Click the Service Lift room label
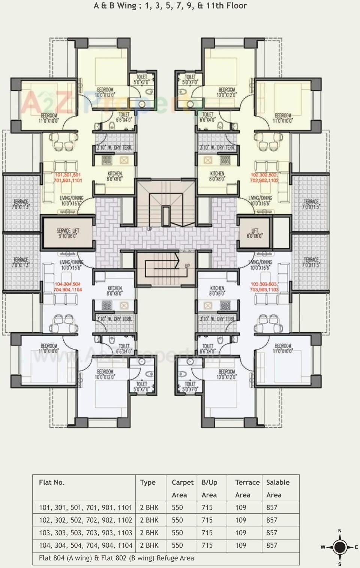pyautogui.click(x=68, y=233)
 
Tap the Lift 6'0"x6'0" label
pyautogui.click(x=255, y=233)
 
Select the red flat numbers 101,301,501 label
pyautogui.click(x=68, y=178)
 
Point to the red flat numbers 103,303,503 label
pyautogui.click(x=264, y=287)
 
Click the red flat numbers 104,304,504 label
pyautogui.click(x=68, y=287)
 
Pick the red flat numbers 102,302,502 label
pyautogui.click(x=264, y=178)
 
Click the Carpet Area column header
pyautogui.click(x=182, y=488)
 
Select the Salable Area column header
pyautogui.click(x=277, y=488)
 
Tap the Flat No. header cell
pyautogui.click(x=52, y=482)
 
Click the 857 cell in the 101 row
pyautogui.click(x=271, y=507)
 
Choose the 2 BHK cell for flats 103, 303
pyautogui.click(x=149, y=532)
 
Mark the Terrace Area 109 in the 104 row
pyautogui.click(x=241, y=545)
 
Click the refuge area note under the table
pyautogui.click(x=117, y=558)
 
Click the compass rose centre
pyautogui.click(x=340, y=547)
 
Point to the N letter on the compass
pyautogui.click(x=340, y=531)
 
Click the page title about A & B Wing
pyautogui.click(x=170, y=6)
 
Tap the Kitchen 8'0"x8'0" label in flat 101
pyautogui.click(x=115, y=176)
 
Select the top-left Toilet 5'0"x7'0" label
pyautogui.click(x=141, y=79)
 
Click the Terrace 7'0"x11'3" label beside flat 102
pyautogui.click(x=311, y=204)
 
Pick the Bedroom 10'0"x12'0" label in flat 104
pyautogui.click(x=105, y=374)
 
